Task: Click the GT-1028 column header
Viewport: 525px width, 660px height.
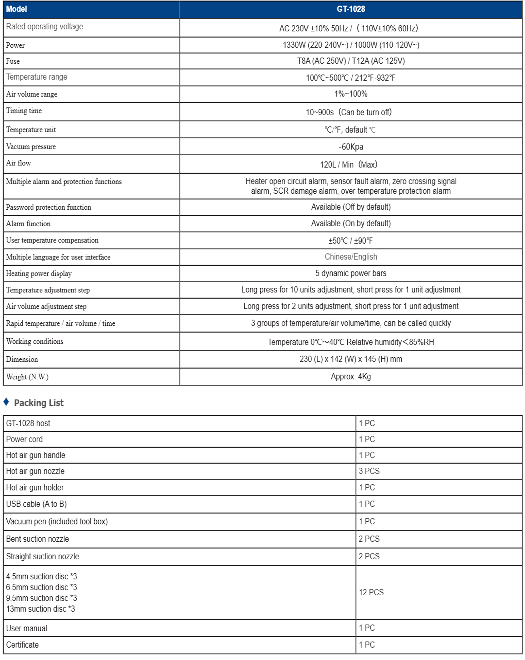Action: click(351, 9)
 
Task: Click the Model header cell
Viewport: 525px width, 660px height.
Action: click(16, 9)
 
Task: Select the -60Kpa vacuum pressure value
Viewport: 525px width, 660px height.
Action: click(351, 147)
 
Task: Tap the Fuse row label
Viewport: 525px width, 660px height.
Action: click(13, 61)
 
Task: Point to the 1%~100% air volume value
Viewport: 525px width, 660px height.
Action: click(351, 94)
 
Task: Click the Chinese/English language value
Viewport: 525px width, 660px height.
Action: click(351, 257)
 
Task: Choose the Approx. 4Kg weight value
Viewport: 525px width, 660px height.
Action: click(351, 377)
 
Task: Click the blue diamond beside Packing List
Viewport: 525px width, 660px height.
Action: click(6, 402)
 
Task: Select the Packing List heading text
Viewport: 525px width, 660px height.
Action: click(39, 403)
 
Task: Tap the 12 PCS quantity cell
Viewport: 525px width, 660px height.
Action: click(371, 592)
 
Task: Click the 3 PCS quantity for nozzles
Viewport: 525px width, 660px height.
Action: click(369, 471)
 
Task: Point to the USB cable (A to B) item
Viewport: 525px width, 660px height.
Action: click(36, 504)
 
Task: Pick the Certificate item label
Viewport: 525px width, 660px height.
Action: click(22, 645)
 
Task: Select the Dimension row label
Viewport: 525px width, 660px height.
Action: click(22, 359)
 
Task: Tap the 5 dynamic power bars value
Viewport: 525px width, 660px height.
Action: click(351, 273)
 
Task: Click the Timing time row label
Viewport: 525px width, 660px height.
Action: click(24, 111)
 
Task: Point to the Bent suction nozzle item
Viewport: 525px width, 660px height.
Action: click(37, 539)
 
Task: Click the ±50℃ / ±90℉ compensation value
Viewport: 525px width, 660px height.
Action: click(351, 241)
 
